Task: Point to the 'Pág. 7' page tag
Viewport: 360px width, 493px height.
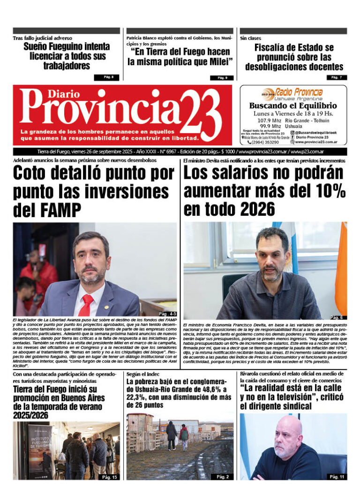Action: coord(337,77)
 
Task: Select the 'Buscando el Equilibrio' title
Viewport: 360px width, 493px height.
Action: coord(293,106)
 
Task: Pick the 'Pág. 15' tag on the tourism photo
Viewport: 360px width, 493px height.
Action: coord(109,477)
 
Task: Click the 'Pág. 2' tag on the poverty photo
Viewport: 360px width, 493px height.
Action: coord(223,477)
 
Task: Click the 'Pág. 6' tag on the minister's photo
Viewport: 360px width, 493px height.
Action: coord(337,318)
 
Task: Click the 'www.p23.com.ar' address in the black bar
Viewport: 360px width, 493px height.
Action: coord(321,152)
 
